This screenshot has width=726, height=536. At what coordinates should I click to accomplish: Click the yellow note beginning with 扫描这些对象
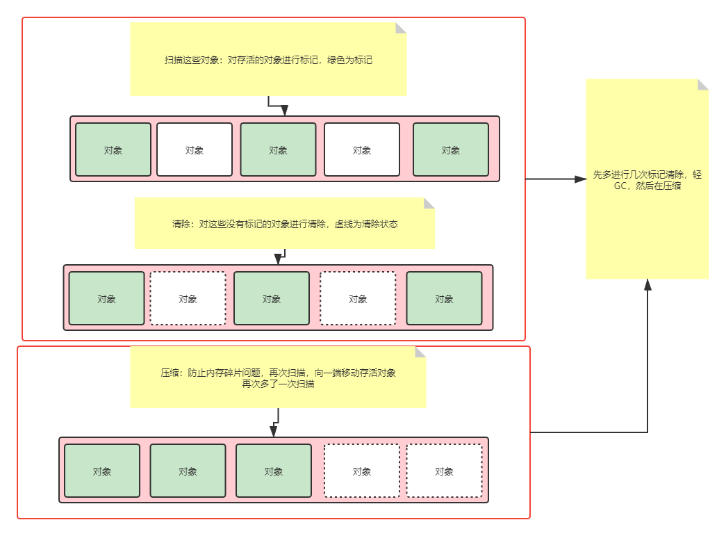[268, 59]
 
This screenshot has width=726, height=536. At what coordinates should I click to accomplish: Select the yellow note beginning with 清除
[284, 224]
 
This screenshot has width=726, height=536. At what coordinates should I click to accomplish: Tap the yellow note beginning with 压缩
[278, 377]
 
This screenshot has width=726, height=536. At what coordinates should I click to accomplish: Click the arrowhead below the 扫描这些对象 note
[284, 111]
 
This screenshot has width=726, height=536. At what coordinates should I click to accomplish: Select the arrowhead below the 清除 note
[278, 260]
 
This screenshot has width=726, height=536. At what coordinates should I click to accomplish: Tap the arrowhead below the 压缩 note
[274, 432]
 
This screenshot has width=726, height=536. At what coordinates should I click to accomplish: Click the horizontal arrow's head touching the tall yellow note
[580, 179]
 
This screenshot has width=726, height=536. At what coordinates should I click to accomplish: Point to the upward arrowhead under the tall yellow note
[647, 285]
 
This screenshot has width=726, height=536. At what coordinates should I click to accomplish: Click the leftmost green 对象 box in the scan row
[113, 149]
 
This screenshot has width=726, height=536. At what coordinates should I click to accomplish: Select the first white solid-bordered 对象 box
[195, 149]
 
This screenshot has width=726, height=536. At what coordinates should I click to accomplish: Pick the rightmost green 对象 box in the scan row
[451, 149]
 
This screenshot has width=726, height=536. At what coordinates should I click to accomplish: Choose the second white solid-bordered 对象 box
[362, 149]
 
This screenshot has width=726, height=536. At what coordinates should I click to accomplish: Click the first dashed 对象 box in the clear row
[188, 298]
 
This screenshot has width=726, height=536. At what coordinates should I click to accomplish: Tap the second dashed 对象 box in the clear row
[358, 298]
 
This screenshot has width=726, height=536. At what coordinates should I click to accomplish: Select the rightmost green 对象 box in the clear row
[444, 298]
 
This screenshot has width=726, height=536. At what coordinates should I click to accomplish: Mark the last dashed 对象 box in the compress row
[444, 471]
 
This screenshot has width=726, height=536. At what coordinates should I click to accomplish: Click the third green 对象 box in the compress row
[274, 471]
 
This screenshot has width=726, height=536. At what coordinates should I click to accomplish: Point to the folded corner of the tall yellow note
[704, 83]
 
